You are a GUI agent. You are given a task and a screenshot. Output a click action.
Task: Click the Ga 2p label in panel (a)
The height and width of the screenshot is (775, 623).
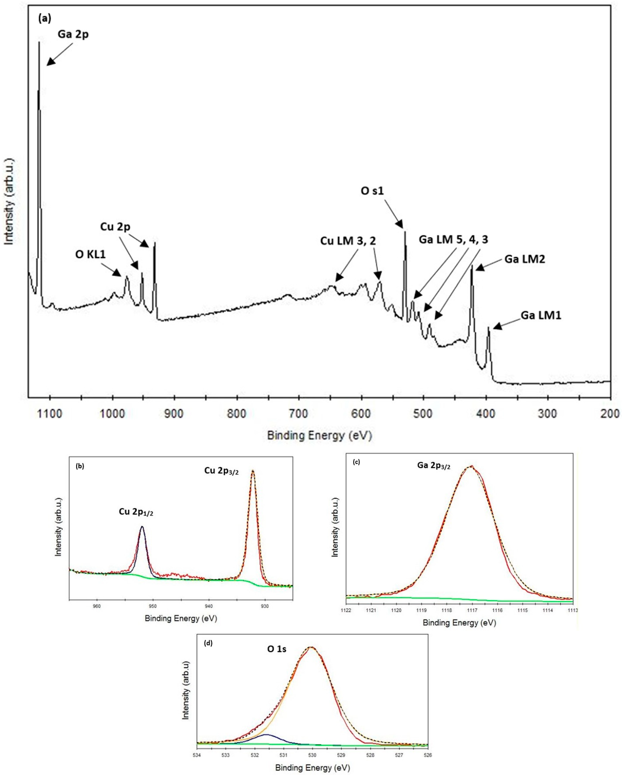[x=73, y=34]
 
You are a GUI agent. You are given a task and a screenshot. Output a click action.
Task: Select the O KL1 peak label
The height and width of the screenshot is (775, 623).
[x=91, y=255]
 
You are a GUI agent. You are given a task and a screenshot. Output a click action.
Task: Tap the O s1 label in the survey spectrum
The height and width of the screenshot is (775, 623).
[x=372, y=191]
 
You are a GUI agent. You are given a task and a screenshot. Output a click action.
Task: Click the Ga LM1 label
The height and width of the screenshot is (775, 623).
[x=541, y=316]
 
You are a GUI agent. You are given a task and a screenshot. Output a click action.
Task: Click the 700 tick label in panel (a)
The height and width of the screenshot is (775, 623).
[x=299, y=414]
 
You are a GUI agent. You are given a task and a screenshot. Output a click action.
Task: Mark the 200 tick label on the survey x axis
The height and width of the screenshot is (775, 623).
[x=610, y=414]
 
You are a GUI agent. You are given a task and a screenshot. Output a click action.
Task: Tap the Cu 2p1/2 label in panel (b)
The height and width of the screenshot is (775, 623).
[x=136, y=512]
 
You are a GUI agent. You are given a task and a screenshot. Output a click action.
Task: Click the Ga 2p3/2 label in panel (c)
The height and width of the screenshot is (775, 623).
[x=434, y=465]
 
